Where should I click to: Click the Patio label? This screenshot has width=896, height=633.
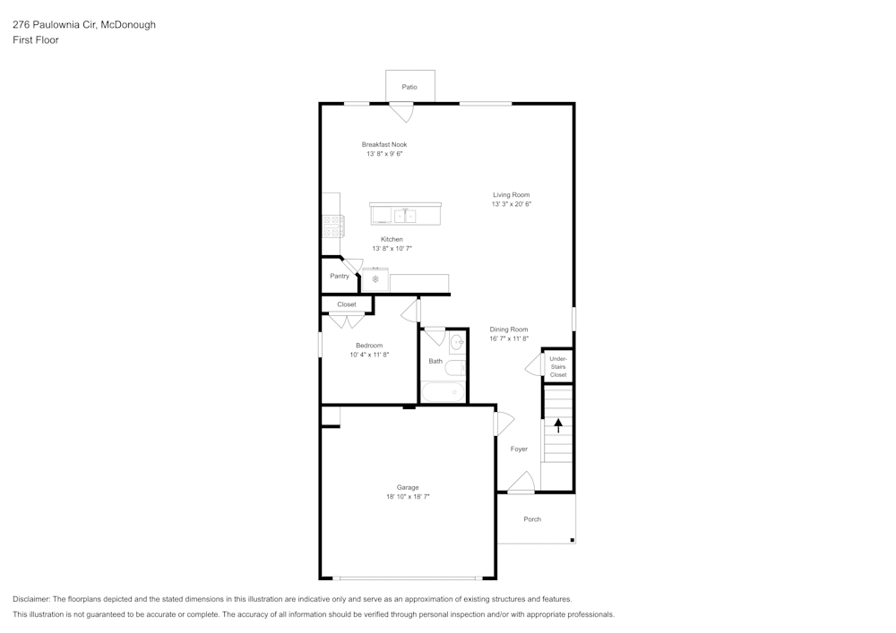tap(409, 87)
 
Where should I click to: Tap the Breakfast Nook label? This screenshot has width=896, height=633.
tap(384, 144)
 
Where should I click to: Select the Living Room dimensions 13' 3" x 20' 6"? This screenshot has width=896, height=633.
tap(512, 204)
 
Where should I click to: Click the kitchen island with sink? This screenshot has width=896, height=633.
tap(405, 215)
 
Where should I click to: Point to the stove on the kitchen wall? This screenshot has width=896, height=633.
tap(332, 226)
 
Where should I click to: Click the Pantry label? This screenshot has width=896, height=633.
tap(340, 276)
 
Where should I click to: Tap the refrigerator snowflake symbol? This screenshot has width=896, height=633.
tap(375, 279)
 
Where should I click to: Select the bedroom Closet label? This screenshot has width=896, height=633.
tap(347, 304)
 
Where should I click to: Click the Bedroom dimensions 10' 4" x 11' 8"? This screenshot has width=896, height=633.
tap(369, 355)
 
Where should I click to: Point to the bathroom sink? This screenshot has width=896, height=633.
tap(456, 341)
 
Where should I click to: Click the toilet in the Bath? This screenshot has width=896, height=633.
tap(456, 367)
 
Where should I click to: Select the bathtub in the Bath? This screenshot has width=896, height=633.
tap(444, 392)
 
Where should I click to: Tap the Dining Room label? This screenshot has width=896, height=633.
tap(509, 329)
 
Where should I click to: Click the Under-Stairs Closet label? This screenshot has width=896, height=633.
tap(558, 366)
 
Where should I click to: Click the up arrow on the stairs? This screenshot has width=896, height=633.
tap(558, 425)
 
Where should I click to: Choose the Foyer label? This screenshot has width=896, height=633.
tap(519, 449)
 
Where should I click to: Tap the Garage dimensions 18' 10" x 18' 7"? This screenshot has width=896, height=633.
tap(408, 496)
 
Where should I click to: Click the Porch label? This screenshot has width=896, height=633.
tap(532, 519)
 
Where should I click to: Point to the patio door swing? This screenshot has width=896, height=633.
tap(401, 112)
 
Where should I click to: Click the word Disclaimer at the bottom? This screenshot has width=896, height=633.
tap(31, 599)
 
